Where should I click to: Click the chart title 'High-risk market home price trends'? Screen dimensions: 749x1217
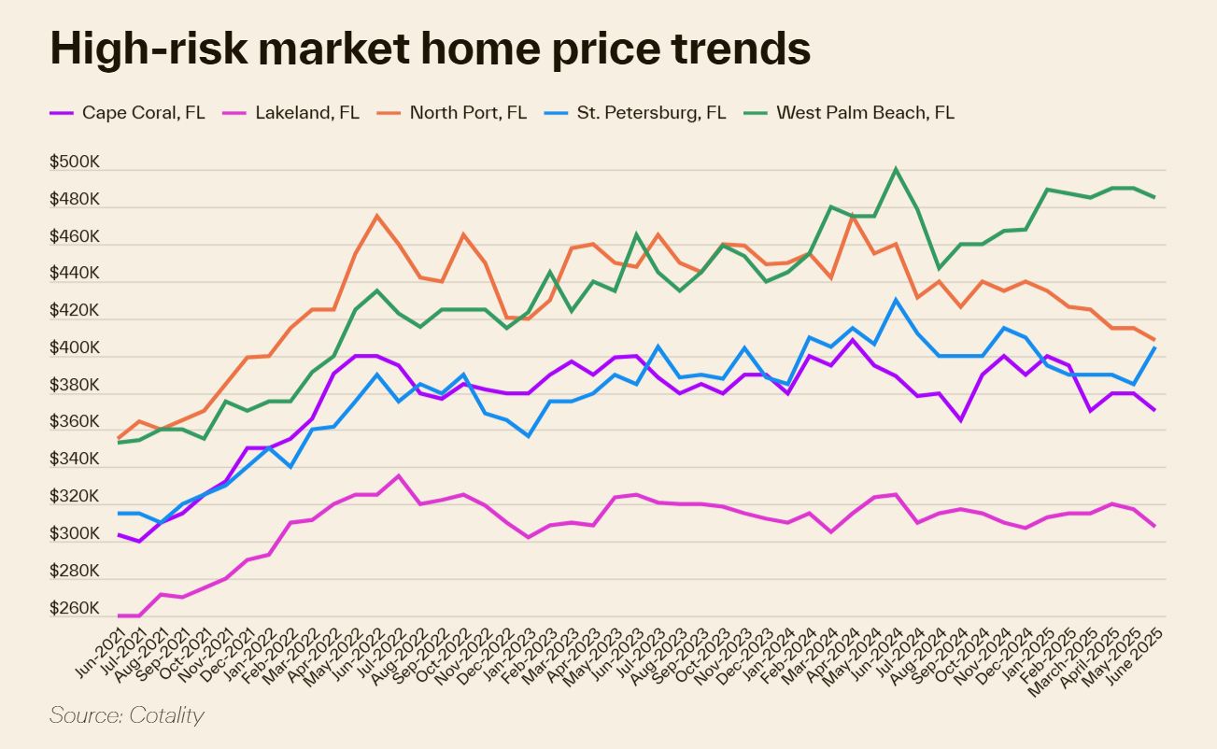click(430, 49)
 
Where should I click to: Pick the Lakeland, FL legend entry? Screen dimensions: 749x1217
click(306, 113)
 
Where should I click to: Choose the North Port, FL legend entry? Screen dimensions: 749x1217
click(468, 113)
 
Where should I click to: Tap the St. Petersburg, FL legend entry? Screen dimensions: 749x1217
click(651, 113)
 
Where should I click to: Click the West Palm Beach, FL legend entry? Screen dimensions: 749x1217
click(865, 113)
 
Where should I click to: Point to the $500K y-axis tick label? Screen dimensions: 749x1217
click(75, 163)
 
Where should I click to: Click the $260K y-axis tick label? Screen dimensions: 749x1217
click(75, 609)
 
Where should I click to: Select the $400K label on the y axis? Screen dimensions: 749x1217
click(75, 348)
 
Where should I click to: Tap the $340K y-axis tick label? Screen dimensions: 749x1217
click(75, 459)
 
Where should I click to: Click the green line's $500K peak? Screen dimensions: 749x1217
click(896, 169)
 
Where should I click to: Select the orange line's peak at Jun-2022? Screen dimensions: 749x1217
click(376, 216)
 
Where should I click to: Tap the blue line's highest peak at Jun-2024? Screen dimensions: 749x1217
click(896, 300)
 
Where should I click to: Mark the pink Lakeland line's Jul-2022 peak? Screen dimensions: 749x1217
click(399, 475)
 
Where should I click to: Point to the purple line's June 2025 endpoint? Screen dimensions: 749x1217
click(1155, 410)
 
